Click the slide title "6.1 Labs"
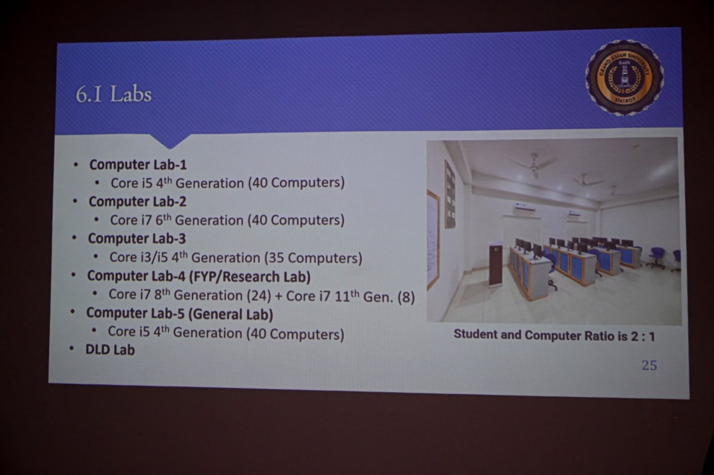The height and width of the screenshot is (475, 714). (x=113, y=94)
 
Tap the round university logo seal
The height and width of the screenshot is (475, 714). (x=624, y=78)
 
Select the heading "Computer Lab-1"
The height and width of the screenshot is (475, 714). (x=138, y=165)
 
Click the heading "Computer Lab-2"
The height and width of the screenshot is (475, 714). (x=137, y=202)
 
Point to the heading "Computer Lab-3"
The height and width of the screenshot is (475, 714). (x=137, y=239)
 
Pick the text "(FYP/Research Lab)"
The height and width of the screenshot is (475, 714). (x=250, y=277)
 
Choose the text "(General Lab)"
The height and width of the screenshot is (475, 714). (x=230, y=314)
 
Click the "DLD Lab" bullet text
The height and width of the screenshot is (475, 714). (x=110, y=350)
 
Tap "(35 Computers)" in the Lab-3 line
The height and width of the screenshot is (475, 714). (x=313, y=258)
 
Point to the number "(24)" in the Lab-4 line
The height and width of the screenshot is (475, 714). (x=259, y=296)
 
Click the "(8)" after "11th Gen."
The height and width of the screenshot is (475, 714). (x=406, y=297)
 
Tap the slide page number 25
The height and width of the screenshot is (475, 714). (x=649, y=366)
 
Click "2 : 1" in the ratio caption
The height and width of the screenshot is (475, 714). (x=643, y=337)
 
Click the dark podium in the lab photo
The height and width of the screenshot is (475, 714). (x=495, y=265)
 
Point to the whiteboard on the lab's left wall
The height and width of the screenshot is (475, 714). (x=433, y=239)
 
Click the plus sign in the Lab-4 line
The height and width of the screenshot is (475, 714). (x=278, y=296)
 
